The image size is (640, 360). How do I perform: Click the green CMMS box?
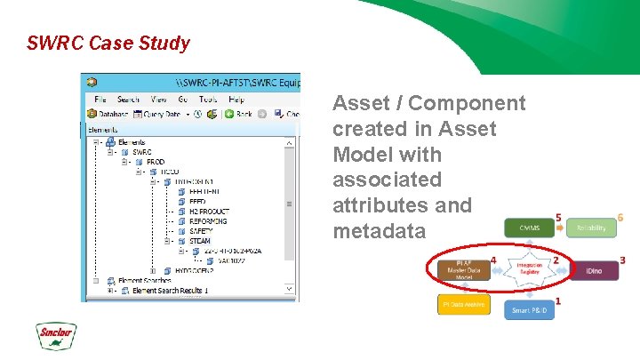(530, 228)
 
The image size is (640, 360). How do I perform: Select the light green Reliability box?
(590, 228)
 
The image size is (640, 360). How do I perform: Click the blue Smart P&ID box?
(531, 310)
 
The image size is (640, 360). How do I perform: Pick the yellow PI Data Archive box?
(461, 305)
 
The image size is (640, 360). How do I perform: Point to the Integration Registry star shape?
(530, 269)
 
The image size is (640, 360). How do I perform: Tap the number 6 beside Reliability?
(620, 217)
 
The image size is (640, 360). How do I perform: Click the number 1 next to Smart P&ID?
(557, 301)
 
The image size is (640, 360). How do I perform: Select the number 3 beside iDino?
(622, 260)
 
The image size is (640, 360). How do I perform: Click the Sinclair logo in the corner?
(54, 335)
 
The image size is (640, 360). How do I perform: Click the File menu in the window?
(100, 100)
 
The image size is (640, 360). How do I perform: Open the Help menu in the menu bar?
(236, 100)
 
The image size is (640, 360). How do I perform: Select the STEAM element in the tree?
(200, 241)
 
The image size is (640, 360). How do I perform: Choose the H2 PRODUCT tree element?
(209, 212)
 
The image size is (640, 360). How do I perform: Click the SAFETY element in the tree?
(202, 231)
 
